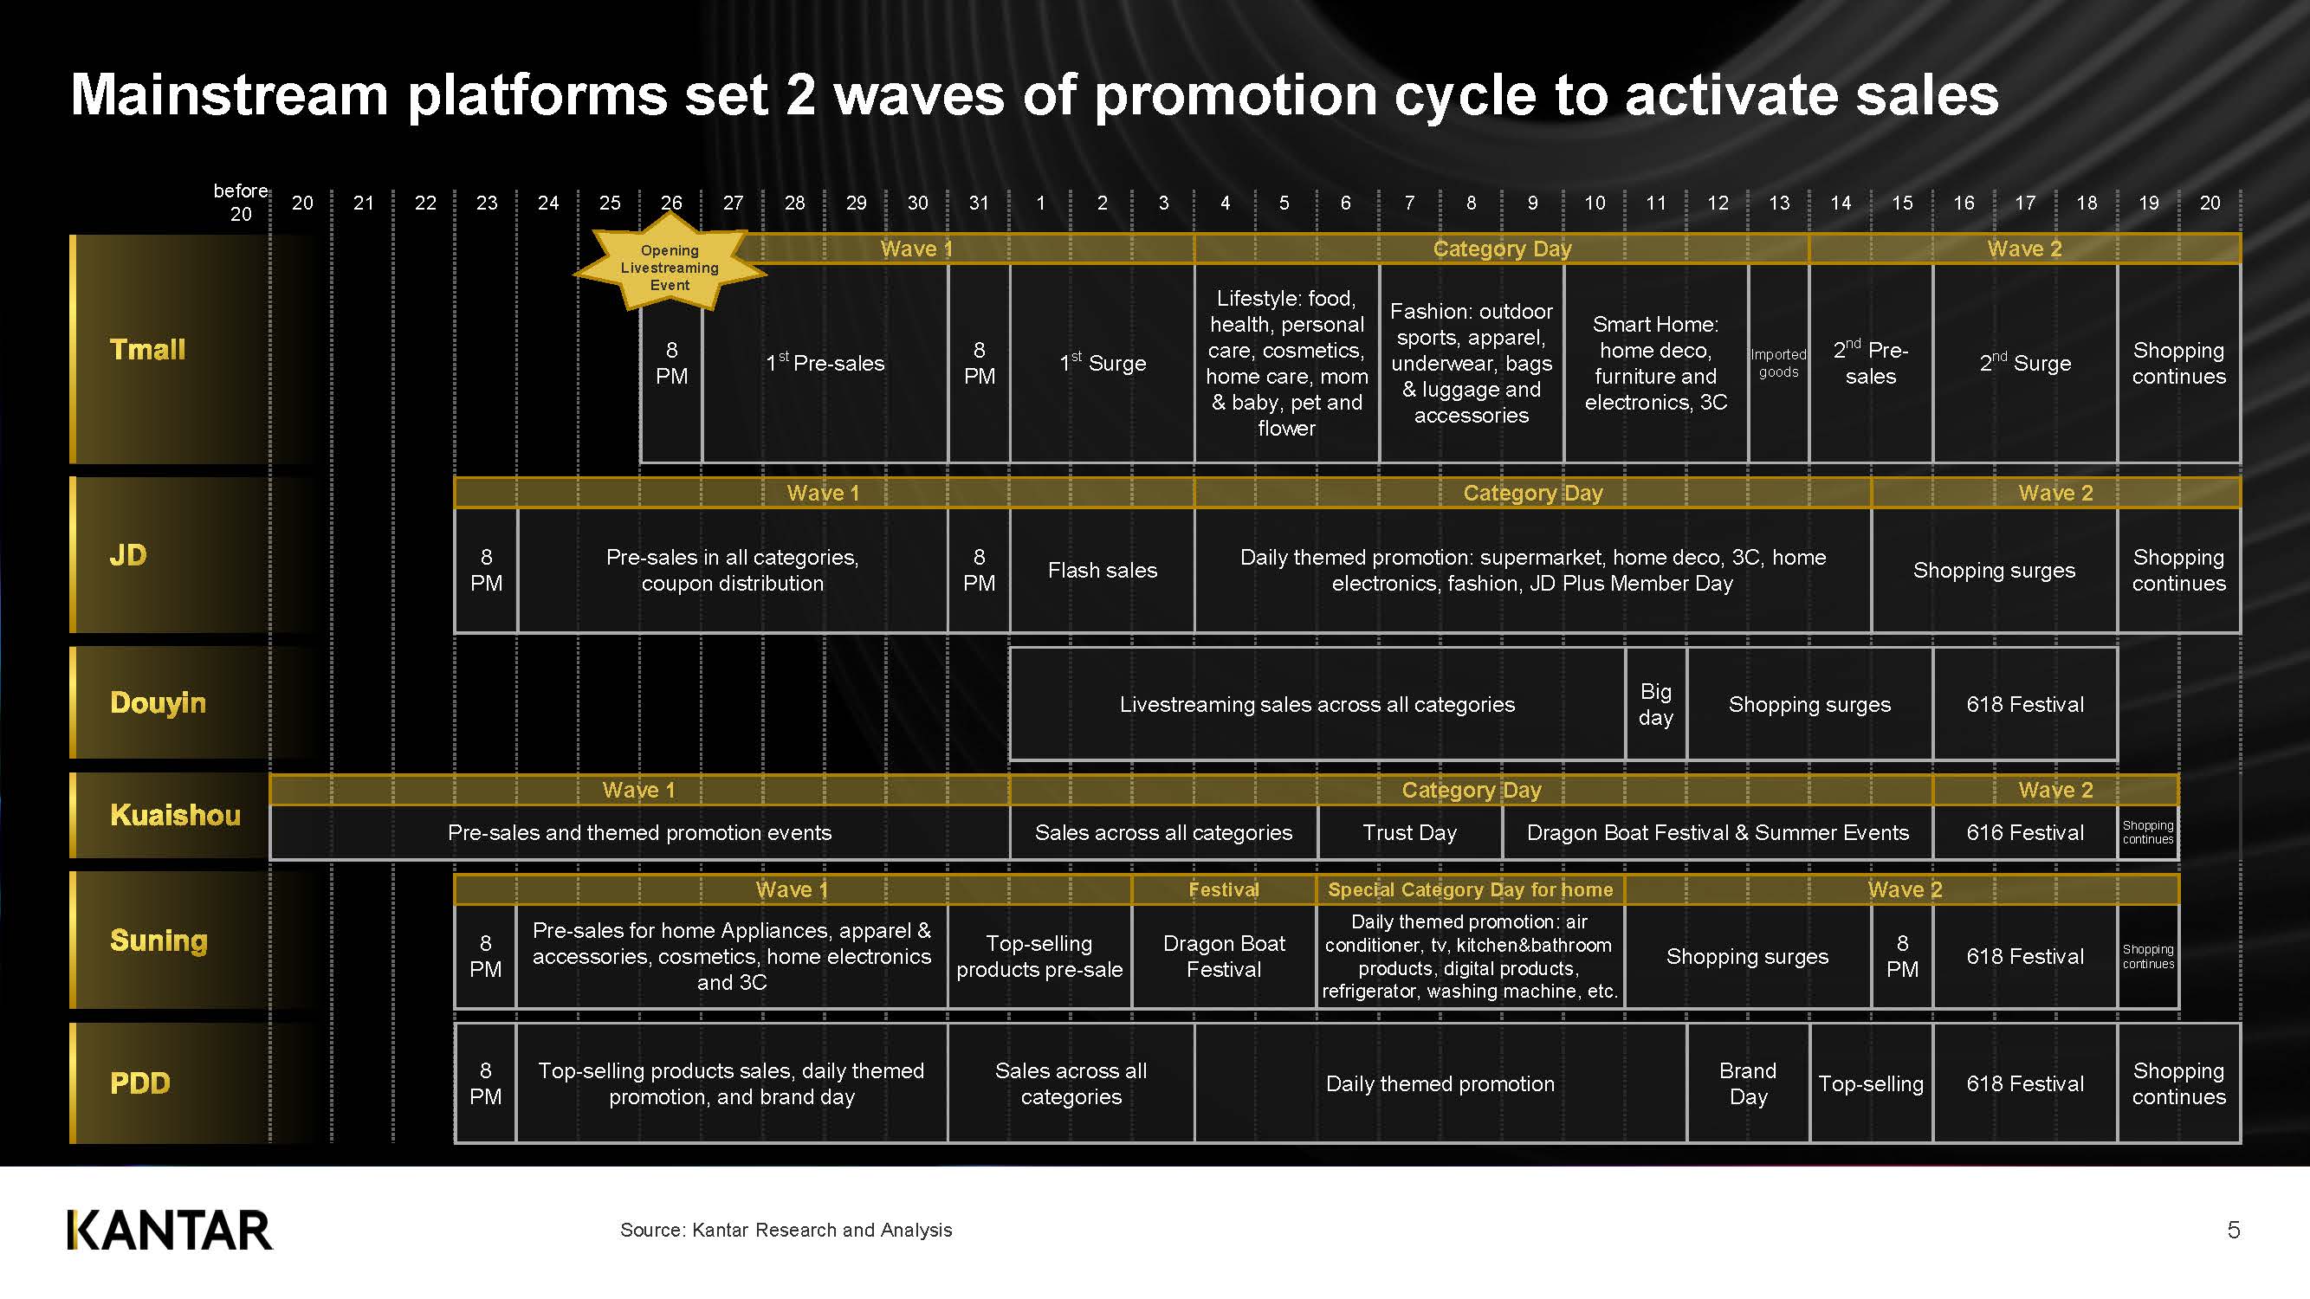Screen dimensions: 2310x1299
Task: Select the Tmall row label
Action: [148, 349]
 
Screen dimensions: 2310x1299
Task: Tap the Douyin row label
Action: [158, 702]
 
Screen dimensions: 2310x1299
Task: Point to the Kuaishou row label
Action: [175, 815]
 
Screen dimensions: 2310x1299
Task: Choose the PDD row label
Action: [140, 1083]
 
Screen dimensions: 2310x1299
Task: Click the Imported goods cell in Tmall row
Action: [1778, 363]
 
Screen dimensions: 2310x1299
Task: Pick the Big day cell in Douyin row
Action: [1655, 704]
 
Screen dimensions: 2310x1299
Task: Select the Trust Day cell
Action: [1410, 833]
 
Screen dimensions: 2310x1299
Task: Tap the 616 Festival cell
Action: [2025, 833]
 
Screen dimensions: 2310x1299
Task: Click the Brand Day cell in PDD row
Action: [1748, 1083]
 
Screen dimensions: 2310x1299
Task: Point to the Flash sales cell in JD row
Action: [1102, 570]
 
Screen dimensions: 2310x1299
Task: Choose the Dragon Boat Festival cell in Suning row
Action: [1224, 957]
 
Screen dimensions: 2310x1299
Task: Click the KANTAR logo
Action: [170, 1230]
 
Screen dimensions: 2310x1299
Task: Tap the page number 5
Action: [2233, 1230]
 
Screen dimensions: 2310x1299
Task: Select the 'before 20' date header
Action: [240, 203]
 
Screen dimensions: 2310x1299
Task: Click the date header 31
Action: [980, 203]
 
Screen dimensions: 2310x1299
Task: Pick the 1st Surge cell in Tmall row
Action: [1102, 363]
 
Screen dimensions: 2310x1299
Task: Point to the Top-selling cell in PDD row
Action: [1871, 1083]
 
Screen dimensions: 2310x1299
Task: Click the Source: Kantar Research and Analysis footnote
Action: [786, 1230]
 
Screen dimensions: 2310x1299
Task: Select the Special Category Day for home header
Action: [1471, 889]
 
